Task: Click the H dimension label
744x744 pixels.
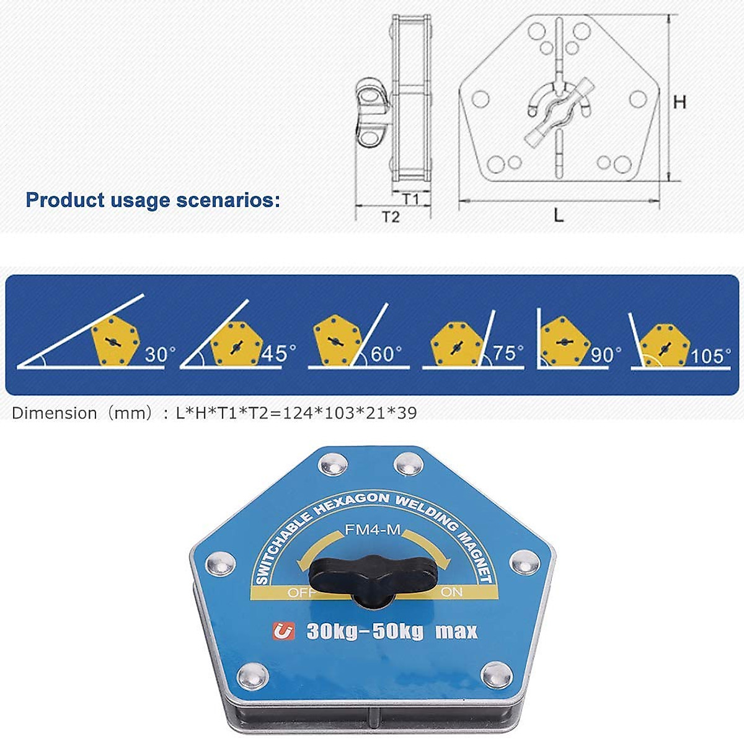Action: tap(680, 102)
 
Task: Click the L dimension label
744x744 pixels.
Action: tap(559, 215)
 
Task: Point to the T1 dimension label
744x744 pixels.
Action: tap(410, 198)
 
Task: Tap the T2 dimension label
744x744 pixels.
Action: tap(390, 216)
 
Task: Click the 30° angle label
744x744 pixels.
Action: tap(160, 355)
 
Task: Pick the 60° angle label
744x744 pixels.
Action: tap(386, 354)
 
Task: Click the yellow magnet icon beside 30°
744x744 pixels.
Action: tap(114, 341)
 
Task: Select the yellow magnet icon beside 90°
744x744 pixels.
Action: tap(563, 342)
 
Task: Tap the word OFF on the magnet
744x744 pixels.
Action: tap(301, 593)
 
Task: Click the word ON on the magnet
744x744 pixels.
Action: tap(451, 592)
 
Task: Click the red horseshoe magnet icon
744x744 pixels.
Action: tap(284, 631)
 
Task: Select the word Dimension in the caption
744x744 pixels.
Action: tap(55, 413)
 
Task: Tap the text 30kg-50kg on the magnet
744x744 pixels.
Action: tap(365, 632)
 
